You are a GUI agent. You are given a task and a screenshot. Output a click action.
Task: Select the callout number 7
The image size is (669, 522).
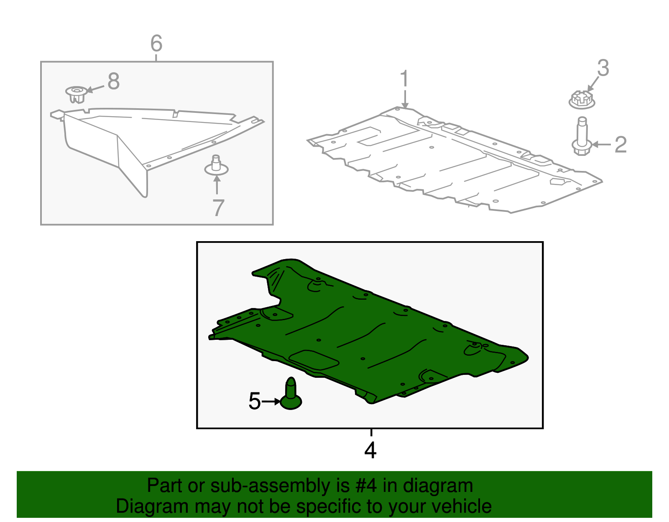[218, 208]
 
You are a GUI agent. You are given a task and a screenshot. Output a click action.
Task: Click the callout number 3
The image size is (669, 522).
[603, 68]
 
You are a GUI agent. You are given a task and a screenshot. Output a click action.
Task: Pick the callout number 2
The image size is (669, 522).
[620, 144]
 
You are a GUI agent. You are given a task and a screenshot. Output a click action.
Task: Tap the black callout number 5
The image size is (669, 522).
[255, 401]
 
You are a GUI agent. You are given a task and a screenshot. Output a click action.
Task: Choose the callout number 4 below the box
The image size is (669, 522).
[370, 450]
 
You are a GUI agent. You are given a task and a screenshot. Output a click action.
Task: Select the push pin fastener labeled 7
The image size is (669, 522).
[216, 165]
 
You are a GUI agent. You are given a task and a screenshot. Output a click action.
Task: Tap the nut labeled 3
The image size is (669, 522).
[582, 99]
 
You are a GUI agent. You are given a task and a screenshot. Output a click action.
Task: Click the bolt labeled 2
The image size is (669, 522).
[582, 136]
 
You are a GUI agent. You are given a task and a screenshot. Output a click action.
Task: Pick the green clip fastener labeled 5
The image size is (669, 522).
[291, 393]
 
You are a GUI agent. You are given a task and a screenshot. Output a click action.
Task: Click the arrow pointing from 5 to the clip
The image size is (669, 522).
[271, 401]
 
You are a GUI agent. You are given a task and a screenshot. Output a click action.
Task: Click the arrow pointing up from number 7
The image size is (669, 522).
[217, 185]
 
